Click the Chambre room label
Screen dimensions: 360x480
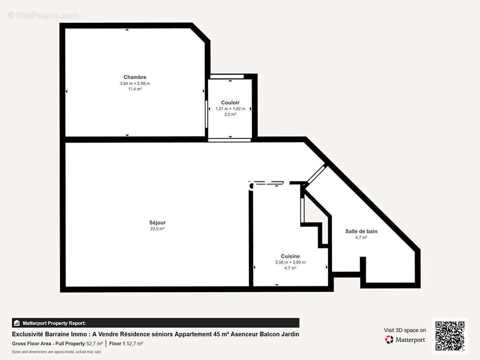[x=135, y=77]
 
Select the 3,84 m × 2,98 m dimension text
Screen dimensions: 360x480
[x=135, y=83]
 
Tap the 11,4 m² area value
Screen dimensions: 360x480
[x=135, y=89]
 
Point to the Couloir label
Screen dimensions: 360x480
[x=230, y=103]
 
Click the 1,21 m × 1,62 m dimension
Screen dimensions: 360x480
[x=230, y=108]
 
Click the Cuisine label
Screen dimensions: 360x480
[x=290, y=256]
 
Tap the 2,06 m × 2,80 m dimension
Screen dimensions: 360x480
[x=290, y=262]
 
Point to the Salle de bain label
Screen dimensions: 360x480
[x=361, y=231]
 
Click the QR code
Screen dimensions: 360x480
[x=449, y=336]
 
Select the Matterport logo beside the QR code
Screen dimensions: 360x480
[x=405, y=340]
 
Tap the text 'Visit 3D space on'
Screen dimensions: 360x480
[x=405, y=330]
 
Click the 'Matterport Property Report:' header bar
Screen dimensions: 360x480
[x=155, y=323]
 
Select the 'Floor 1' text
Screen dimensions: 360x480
[x=117, y=343]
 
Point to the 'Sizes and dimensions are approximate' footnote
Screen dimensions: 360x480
[x=56, y=351]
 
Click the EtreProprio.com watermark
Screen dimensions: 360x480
[x=43, y=15]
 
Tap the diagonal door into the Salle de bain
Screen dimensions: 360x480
[x=315, y=174]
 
